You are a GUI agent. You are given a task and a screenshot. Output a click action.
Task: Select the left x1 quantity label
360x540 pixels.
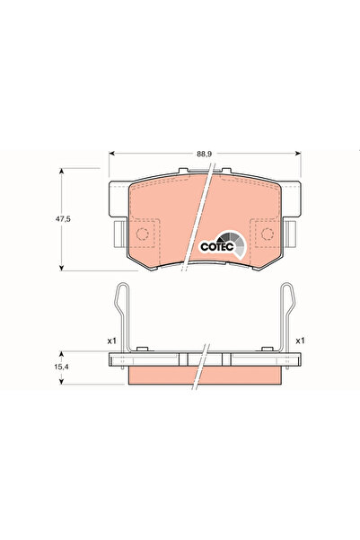(x=111, y=341)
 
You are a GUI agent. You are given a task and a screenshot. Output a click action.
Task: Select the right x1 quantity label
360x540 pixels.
(x=302, y=341)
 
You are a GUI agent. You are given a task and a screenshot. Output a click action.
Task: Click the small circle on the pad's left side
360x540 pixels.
(x=141, y=236)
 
